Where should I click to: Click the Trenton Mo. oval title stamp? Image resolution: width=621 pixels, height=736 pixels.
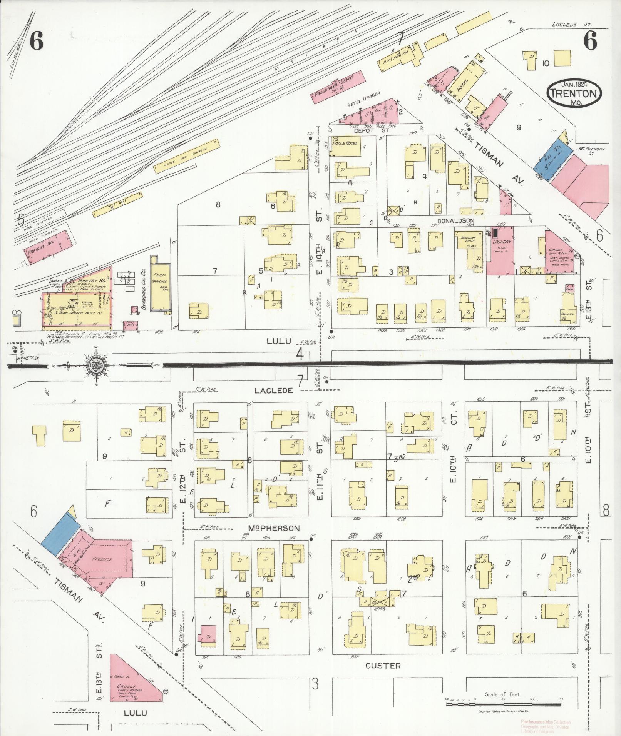[x=574, y=93]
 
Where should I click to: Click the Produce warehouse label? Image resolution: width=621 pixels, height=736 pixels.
[x=102, y=559]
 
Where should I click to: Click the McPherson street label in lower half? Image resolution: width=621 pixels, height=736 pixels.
[x=275, y=528]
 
